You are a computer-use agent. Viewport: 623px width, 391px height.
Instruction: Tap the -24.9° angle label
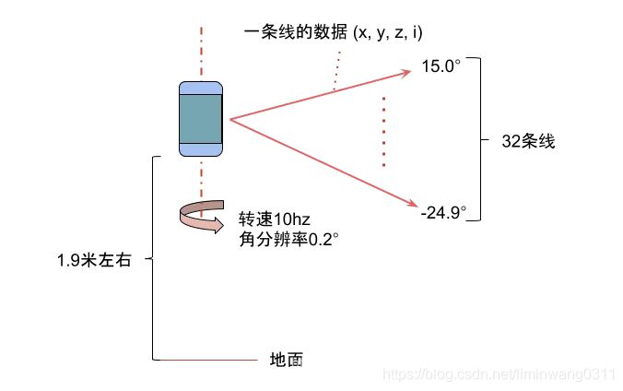pyautogui.click(x=443, y=213)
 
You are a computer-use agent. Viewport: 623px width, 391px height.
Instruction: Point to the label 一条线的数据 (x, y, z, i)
pyautogui.click(x=334, y=32)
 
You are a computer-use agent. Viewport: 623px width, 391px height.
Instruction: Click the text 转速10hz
pyautogui.click(x=274, y=219)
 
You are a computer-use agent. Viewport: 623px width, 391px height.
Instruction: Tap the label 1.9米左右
pyautogui.click(x=95, y=260)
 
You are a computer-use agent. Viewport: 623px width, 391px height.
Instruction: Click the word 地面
pyautogui.click(x=286, y=360)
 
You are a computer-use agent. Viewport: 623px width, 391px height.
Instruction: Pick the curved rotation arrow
pyautogui.click(x=200, y=217)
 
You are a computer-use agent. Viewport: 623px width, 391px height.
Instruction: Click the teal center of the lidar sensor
pyautogui.click(x=201, y=118)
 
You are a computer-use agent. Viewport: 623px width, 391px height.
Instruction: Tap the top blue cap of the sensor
pyautogui.click(x=201, y=88)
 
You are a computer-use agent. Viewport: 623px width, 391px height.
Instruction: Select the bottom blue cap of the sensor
pyautogui.click(x=201, y=148)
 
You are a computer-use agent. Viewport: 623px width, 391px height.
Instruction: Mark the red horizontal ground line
pyautogui.click(x=210, y=359)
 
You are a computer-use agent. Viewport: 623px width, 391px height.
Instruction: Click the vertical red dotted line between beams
pyautogui.click(x=383, y=131)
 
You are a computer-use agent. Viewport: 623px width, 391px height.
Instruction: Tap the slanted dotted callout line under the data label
pyautogui.click(x=337, y=71)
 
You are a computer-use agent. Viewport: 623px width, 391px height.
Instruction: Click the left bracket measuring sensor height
pyautogui.click(x=152, y=258)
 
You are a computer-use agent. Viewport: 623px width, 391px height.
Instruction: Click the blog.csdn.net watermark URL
pyautogui.click(x=498, y=373)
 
